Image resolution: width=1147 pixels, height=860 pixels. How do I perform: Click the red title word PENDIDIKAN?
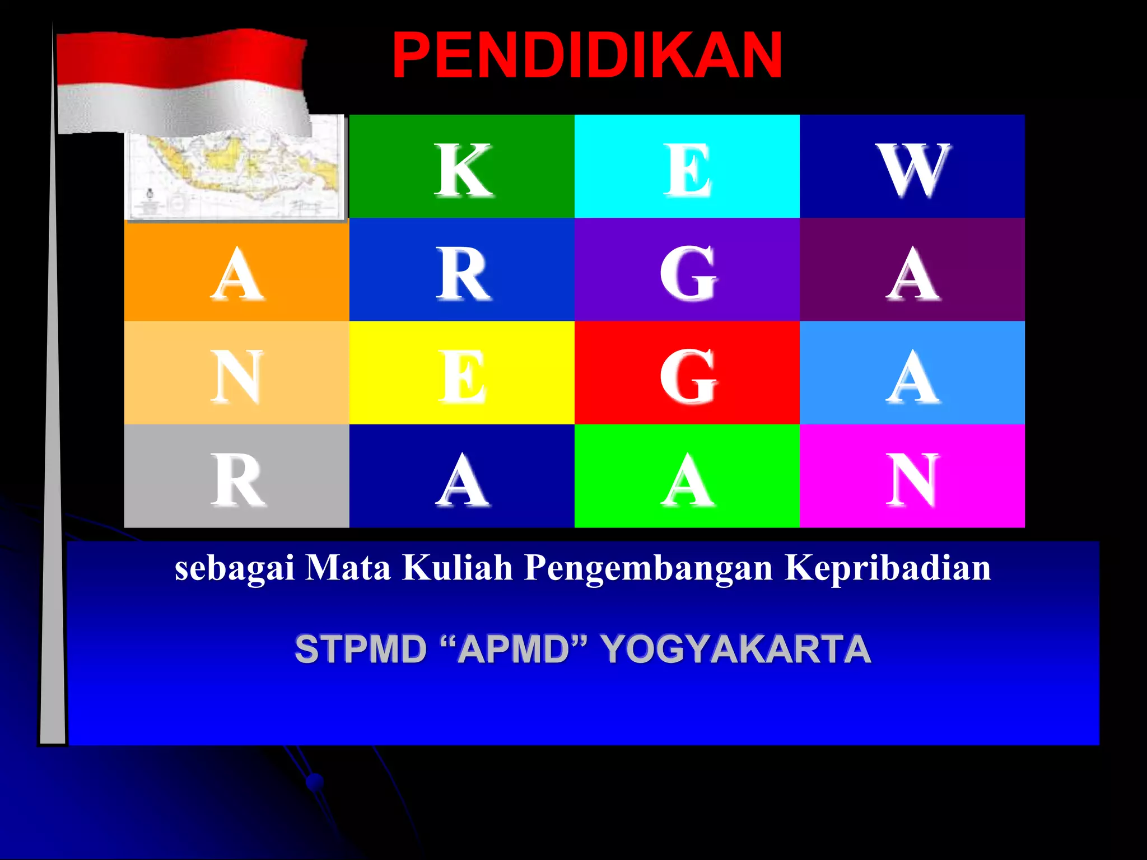pyautogui.click(x=587, y=55)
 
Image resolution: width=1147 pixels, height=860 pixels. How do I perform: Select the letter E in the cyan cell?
pyautogui.click(x=687, y=170)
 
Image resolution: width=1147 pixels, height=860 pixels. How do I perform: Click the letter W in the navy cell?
pyautogui.click(x=912, y=170)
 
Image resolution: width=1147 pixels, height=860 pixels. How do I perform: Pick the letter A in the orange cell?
pyautogui.click(x=237, y=274)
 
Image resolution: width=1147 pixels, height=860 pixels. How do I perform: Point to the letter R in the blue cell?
pyautogui.click(x=463, y=274)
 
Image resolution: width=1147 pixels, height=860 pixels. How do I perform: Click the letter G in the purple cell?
pyautogui.click(x=688, y=274)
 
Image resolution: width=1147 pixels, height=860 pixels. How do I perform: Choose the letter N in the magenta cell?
pyautogui.click(x=912, y=480)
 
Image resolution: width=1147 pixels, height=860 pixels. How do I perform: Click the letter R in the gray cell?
pyautogui.click(x=237, y=480)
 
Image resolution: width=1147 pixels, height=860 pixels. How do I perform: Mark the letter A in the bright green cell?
pyautogui.click(x=688, y=480)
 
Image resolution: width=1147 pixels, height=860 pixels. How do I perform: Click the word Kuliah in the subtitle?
pyautogui.click(x=457, y=568)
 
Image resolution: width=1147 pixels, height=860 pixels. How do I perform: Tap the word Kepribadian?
pyautogui.click(x=888, y=568)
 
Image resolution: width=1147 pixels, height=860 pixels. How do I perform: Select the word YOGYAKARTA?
pyautogui.click(x=736, y=649)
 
